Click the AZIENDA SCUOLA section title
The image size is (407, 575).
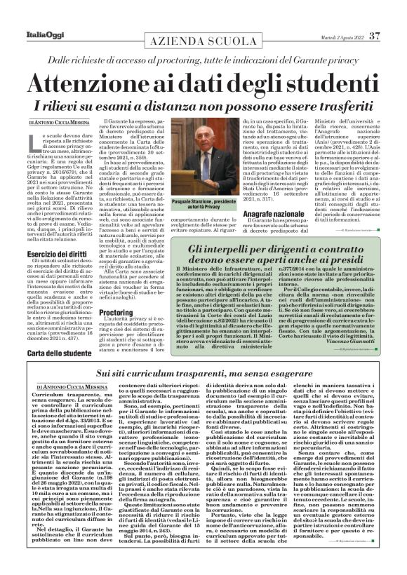[x=203, y=42]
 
